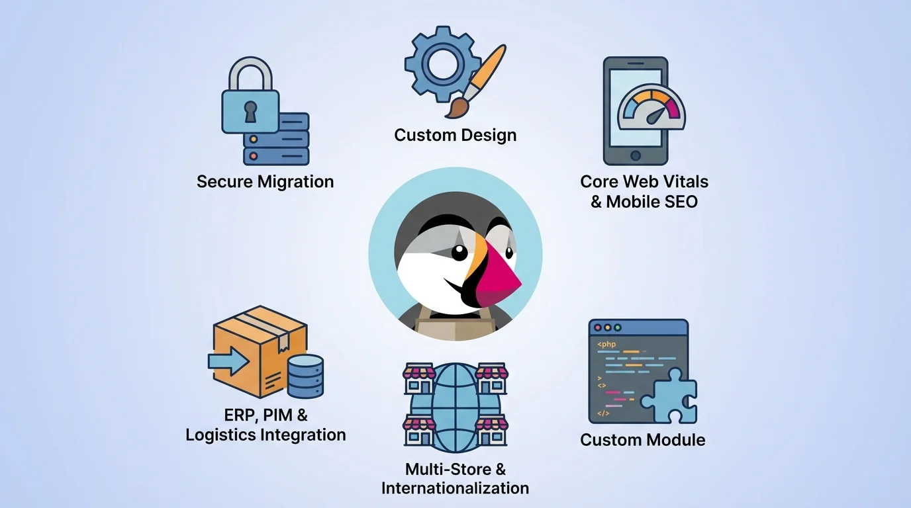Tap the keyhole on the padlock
tap(250, 111)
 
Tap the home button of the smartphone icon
tap(635, 155)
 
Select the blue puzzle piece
tap(669, 397)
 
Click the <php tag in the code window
tap(606, 344)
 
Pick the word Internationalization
tap(455, 488)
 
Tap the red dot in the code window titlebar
tap(597, 327)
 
